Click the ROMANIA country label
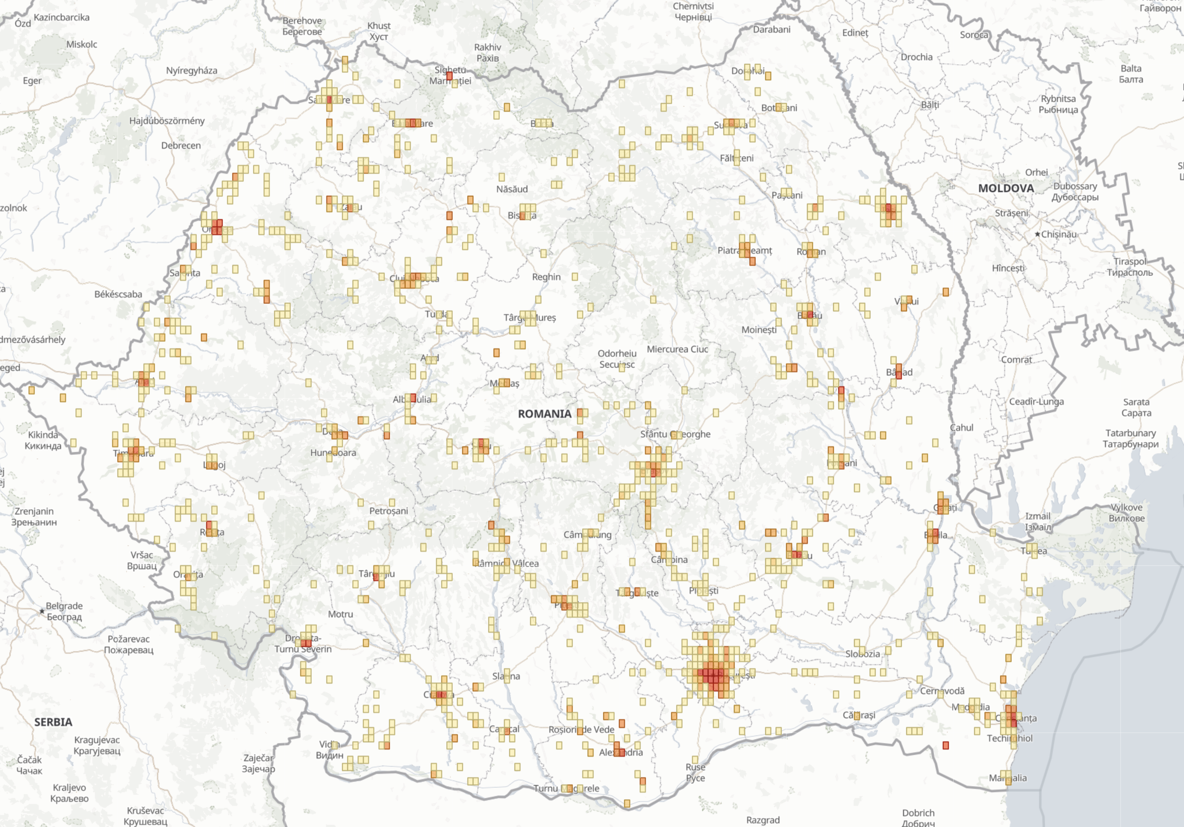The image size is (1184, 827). [545, 414]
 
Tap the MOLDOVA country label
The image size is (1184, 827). [1006, 188]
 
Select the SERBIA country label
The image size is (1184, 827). [53, 722]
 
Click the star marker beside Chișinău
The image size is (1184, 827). [1037, 234]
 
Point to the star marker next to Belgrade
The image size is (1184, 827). [42, 612]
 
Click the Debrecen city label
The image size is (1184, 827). [181, 145]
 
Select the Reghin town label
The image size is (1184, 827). [546, 277]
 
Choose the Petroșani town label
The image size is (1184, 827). [388, 511]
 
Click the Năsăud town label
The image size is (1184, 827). [511, 189]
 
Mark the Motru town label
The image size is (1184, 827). [340, 614]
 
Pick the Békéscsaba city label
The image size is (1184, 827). [118, 294]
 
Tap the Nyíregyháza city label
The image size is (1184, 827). [192, 71]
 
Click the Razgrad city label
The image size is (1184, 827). [763, 820]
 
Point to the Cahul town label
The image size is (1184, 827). [961, 427]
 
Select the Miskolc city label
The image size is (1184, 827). [81, 44]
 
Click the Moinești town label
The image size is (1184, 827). [759, 329]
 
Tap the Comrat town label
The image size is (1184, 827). [1016, 360]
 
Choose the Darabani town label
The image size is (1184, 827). [771, 30]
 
